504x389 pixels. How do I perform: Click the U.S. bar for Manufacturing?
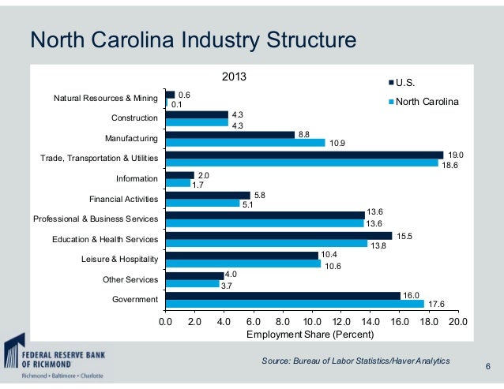pos(230,134)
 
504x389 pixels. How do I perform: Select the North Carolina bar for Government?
pos(295,304)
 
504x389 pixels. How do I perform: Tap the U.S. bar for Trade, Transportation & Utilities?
pos(304,155)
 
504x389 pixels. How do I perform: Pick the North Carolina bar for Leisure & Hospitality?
pos(243,264)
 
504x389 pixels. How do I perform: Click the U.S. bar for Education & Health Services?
pos(279,235)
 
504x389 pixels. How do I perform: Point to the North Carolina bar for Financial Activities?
pos(202,203)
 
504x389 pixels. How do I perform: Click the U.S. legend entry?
pos(404,83)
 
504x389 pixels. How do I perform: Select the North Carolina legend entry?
pos(427,102)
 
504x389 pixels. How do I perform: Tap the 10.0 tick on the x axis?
pos(311,322)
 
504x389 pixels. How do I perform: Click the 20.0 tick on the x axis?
pos(457,322)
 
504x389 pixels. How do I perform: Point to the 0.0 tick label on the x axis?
pos(165,322)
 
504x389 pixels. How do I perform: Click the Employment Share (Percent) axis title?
pos(311,335)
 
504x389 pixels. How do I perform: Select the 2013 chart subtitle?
pos(233,77)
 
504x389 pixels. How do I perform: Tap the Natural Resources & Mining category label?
pos(105,99)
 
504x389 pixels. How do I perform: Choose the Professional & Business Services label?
pos(95,219)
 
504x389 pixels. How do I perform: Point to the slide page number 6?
pos(487,366)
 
